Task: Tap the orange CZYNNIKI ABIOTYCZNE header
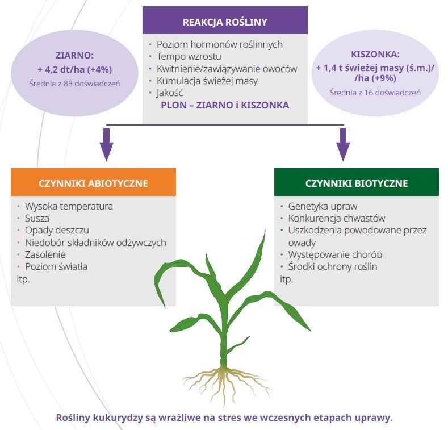pos(93,183)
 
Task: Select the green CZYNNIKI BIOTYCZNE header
pos(356,183)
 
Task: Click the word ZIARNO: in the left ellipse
pos(74,56)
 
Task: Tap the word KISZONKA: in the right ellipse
pos(375,55)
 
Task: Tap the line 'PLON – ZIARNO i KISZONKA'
pos(225,105)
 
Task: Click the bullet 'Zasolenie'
pos(45,254)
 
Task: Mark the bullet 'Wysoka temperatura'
pos(69,206)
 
